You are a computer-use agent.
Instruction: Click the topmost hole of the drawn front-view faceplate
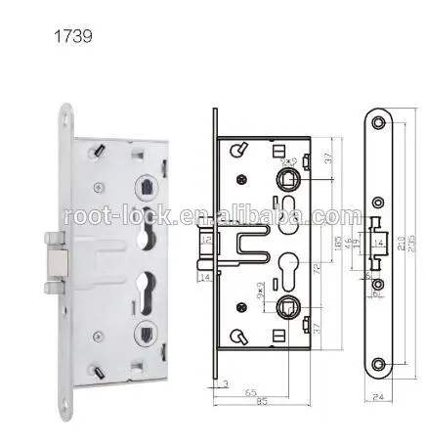377,121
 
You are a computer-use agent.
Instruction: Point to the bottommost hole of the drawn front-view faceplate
377,364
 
